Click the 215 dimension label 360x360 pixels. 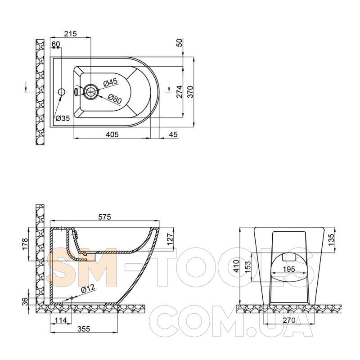70,34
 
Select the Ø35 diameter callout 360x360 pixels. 63,118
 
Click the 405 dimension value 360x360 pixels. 112,134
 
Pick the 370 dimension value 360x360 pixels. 190,92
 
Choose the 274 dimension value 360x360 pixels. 179,92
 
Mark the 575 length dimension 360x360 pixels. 104,217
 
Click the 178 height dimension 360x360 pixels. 25,244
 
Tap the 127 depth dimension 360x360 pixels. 170,239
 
